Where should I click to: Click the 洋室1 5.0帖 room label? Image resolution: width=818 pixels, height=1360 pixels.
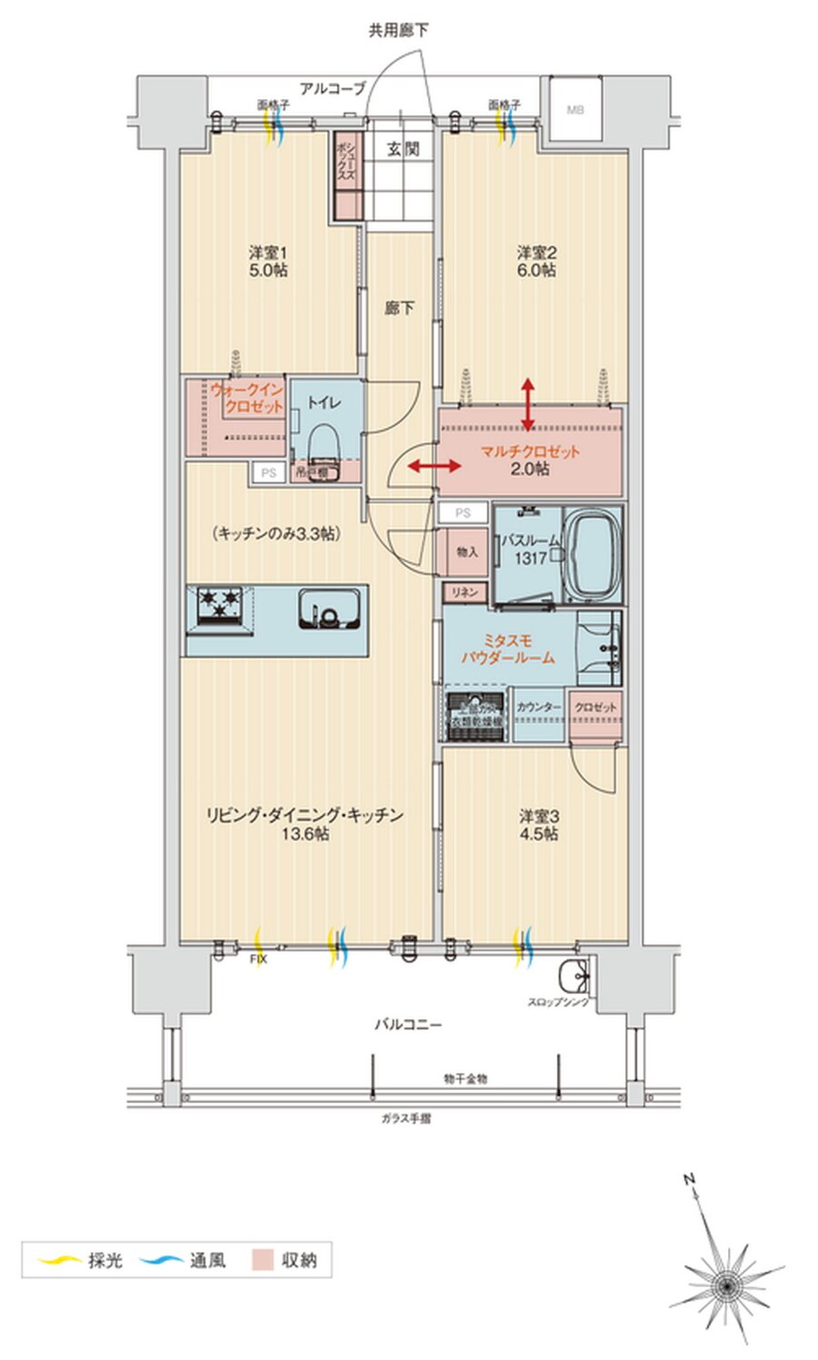[x=267, y=261]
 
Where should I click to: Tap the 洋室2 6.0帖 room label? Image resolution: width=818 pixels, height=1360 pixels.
[x=536, y=261]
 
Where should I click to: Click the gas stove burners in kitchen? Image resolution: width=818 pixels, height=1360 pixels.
[x=221, y=606]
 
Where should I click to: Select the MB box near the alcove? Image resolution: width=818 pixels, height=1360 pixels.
[x=575, y=110]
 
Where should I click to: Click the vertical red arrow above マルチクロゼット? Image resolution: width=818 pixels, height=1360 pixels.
[x=528, y=403]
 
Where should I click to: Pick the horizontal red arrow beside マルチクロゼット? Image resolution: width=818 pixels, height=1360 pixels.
[x=434, y=467]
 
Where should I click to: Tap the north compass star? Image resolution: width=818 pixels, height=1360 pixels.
[x=727, y=1285]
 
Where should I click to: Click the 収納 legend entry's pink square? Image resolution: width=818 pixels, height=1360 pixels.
[x=264, y=1260]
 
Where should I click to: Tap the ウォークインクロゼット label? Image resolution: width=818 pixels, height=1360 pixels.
[x=247, y=398]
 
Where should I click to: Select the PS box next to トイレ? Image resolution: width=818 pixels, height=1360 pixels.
[x=267, y=473]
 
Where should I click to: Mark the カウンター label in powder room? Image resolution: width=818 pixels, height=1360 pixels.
[x=539, y=707]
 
